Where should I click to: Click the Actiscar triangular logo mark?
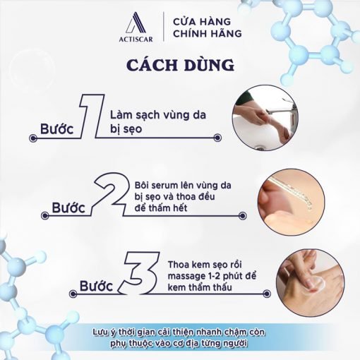(x=136, y=23)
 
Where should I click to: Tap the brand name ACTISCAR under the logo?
(x=136, y=40)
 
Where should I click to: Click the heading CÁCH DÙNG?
(x=181, y=64)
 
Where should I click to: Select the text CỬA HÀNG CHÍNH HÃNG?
(x=208, y=28)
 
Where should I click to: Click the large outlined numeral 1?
(x=92, y=116)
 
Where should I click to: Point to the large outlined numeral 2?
(x=111, y=193)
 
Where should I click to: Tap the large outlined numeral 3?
(x=140, y=272)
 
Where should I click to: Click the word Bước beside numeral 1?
(x=57, y=129)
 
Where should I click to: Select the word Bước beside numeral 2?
(x=68, y=208)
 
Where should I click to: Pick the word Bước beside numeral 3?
(x=97, y=286)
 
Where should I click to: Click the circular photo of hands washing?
(x=265, y=118)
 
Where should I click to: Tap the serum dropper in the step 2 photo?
(x=292, y=193)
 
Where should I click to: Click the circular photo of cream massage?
(x=310, y=282)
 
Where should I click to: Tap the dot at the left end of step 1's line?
(x=33, y=138)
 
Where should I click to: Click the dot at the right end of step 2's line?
(x=243, y=215)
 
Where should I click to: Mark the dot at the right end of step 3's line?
(x=267, y=294)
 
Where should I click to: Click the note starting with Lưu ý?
(x=179, y=337)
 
